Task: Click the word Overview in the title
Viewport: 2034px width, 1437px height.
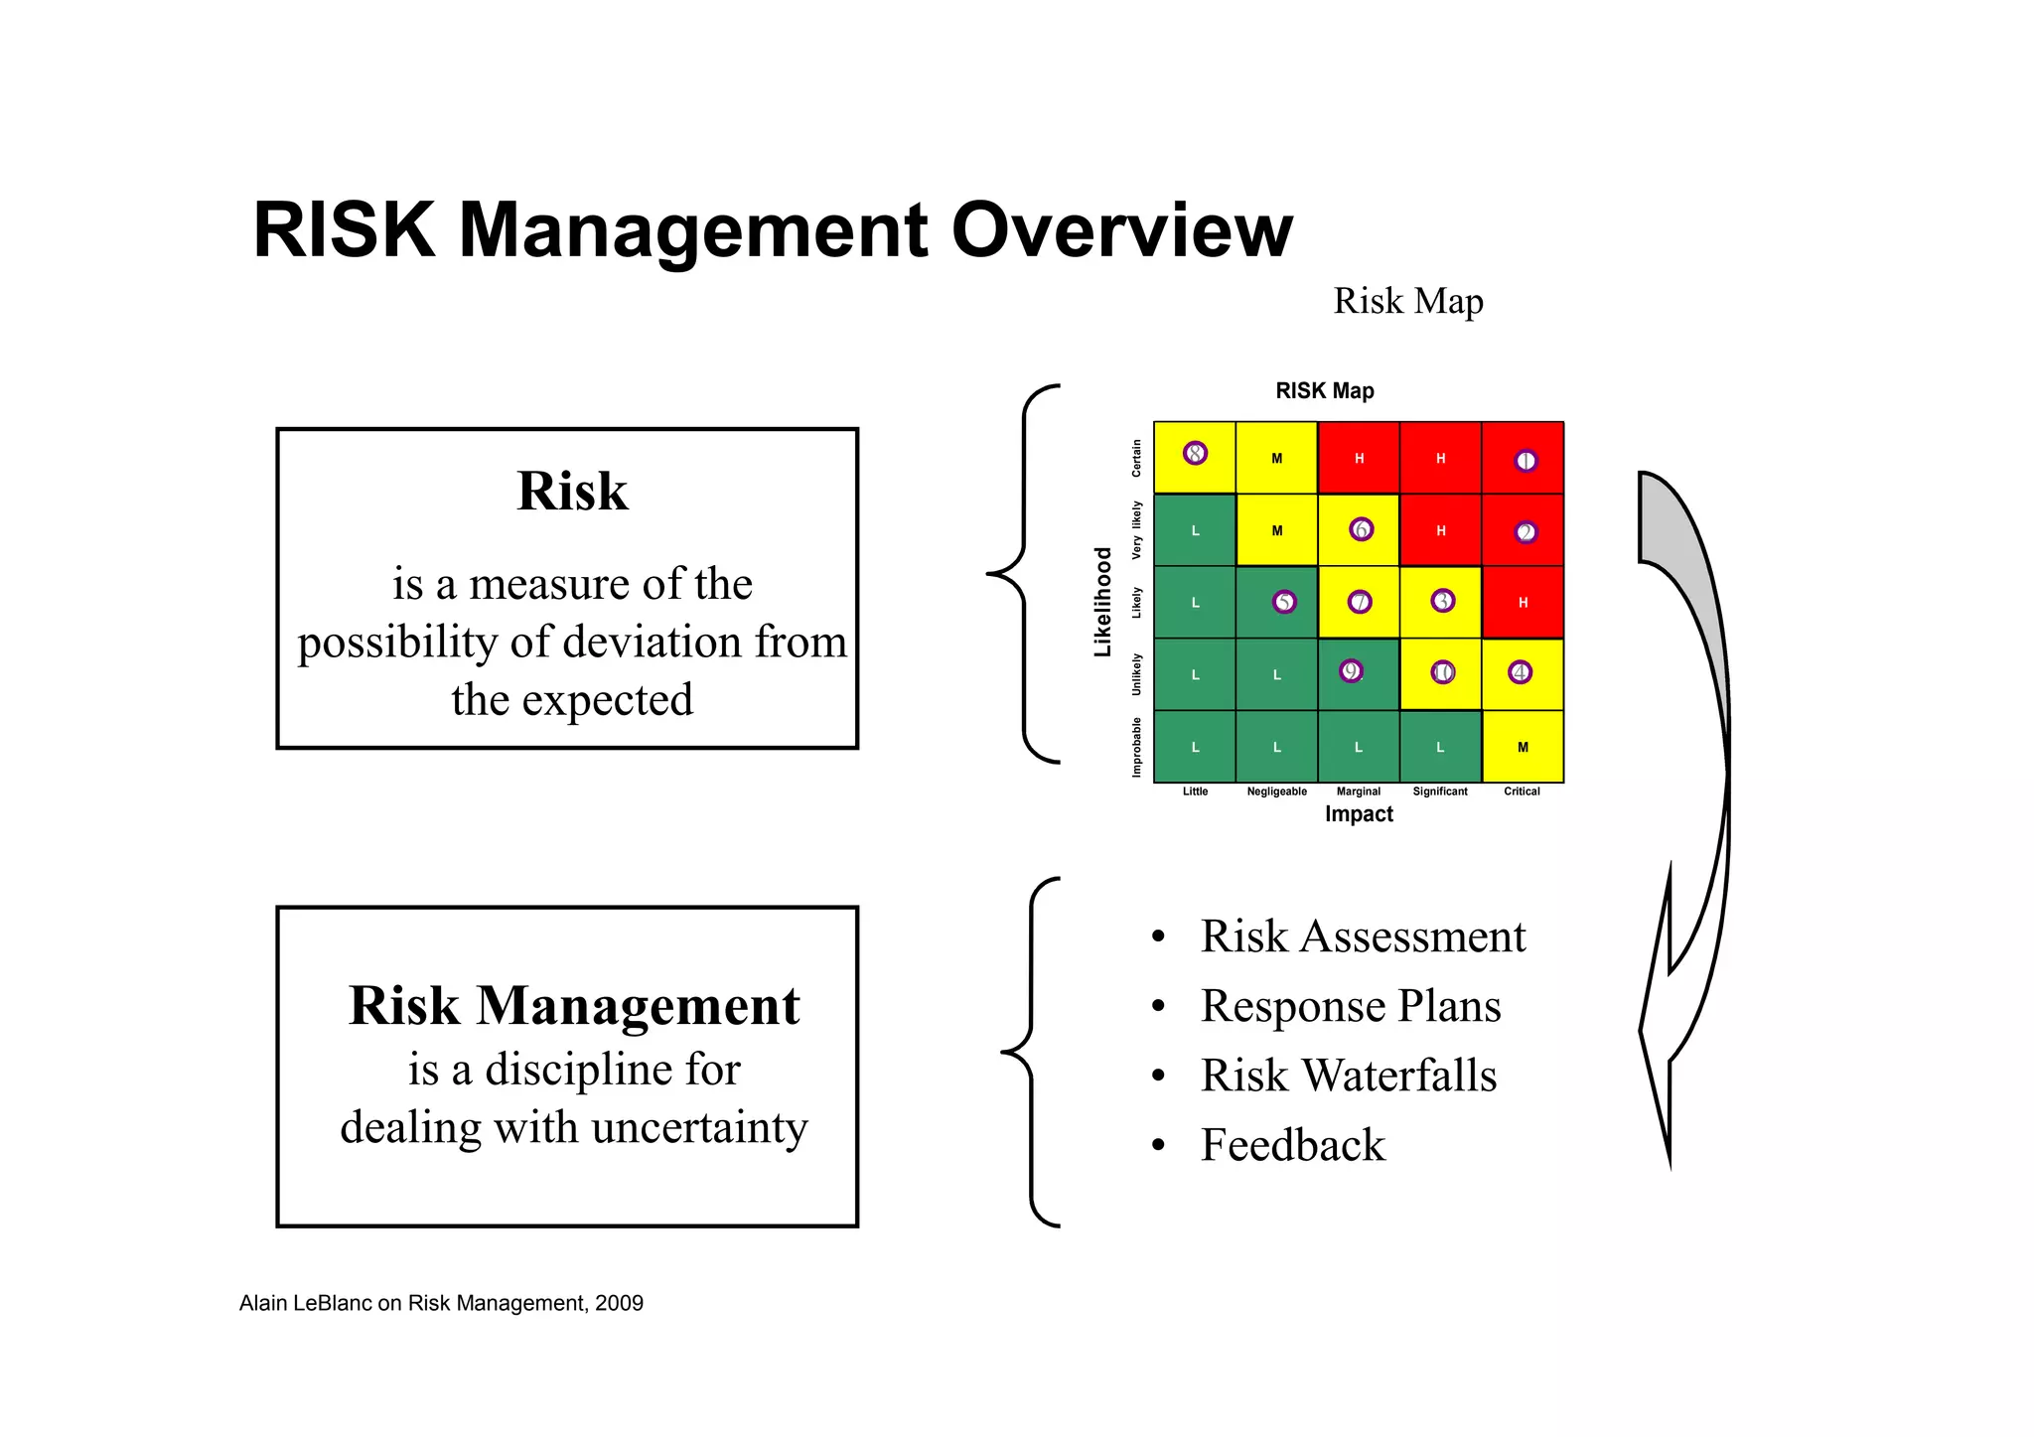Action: pos(1121,230)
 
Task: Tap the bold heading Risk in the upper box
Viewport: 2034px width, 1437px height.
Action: pos(572,491)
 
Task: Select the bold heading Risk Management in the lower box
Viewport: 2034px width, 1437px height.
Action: pos(574,1005)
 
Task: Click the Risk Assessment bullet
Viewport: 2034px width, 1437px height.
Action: pos(1362,936)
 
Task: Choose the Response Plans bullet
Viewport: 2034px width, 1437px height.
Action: pos(1350,1006)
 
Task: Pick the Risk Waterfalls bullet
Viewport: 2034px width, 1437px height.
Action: pos(1348,1076)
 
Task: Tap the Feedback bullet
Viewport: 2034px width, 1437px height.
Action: pos(1292,1145)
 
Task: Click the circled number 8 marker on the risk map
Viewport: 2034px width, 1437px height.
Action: pos(1195,453)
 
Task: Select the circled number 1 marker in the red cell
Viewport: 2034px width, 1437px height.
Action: pos(1525,461)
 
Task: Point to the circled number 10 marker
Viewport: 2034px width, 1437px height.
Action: pos(1442,672)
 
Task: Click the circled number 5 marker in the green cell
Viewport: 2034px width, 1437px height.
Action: pos(1284,602)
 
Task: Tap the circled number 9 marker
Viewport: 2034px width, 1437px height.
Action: pos(1350,671)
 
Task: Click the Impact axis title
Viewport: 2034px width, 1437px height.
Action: pos(1359,814)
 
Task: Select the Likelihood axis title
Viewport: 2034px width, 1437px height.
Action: pos(1102,602)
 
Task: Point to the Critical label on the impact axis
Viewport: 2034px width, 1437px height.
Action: pos(1522,791)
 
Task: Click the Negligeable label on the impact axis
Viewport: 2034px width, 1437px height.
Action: pos(1276,791)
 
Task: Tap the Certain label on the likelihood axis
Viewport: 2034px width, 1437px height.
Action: pos(1136,458)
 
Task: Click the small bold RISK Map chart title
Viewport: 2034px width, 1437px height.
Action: pos(1325,391)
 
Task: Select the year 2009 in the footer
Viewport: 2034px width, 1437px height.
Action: pos(619,1303)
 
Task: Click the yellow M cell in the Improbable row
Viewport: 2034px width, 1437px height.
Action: pos(1523,747)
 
